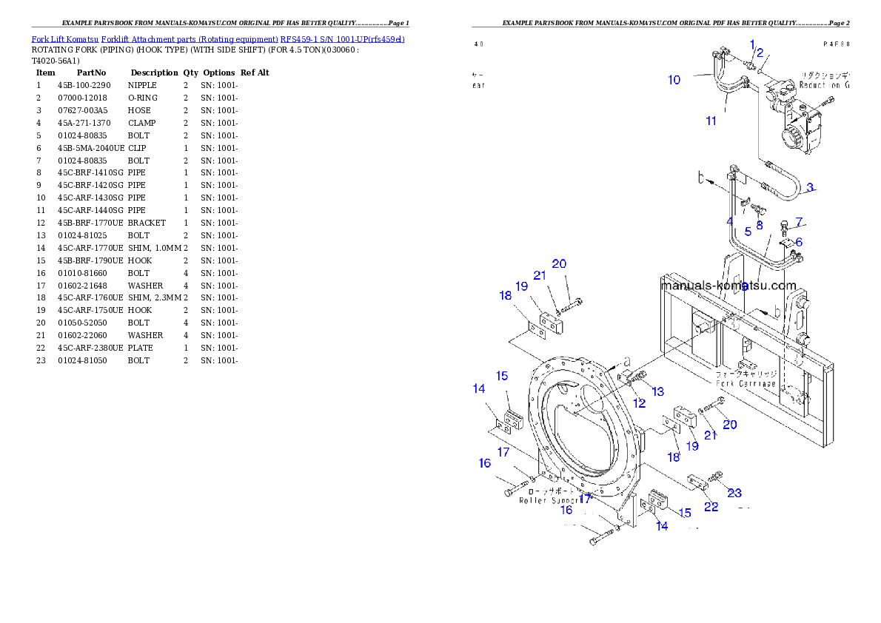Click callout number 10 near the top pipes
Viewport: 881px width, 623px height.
(x=674, y=80)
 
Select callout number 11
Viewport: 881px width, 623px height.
(x=711, y=121)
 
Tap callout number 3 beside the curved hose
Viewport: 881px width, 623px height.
(x=811, y=187)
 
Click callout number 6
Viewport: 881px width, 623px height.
(x=798, y=242)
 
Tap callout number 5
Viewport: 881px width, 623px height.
(x=748, y=232)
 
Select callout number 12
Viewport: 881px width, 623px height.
(x=639, y=403)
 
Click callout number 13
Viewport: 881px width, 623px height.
(x=657, y=391)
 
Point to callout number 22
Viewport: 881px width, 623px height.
(x=711, y=507)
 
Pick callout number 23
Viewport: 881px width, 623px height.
(x=734, y=493)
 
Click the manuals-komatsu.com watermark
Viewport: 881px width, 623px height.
(x=728, y=286)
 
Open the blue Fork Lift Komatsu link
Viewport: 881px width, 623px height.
(x=218, y=38)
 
